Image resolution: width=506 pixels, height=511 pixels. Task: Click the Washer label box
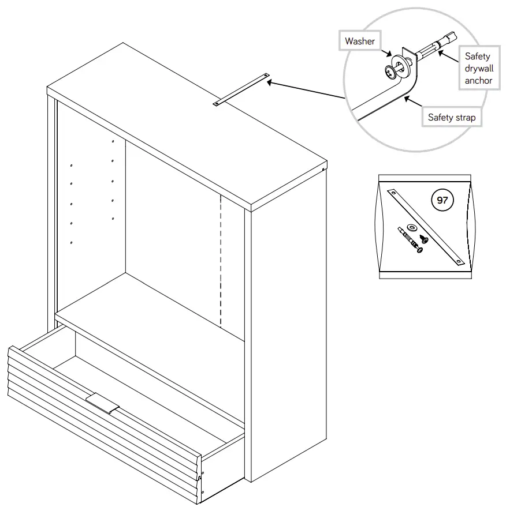click(360, 41)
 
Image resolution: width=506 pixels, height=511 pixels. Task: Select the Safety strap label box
click(452, 118)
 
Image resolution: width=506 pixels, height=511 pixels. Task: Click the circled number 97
click(442, 200)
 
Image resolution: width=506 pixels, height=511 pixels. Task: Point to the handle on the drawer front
click(103, 404)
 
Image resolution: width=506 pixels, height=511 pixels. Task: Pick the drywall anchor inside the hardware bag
click(410, 241)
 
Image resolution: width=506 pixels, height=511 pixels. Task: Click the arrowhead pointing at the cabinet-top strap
click(270, 82)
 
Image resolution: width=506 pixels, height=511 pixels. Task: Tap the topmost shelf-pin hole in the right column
click(113, 141)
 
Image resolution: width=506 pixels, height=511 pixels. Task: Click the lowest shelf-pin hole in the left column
click(71, 242)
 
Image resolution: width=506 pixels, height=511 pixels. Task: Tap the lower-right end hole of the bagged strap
click(459, 262)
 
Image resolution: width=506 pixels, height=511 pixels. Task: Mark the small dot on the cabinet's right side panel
click(322, 170)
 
